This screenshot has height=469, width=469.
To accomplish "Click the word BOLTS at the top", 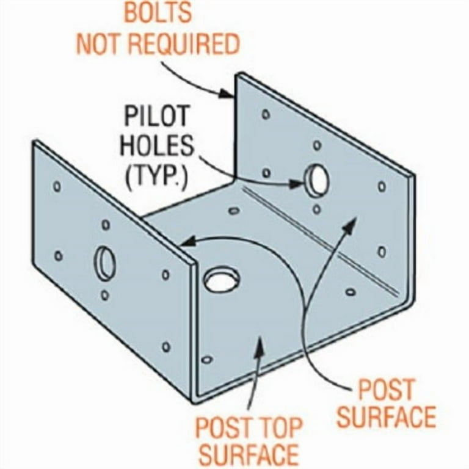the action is (x=158, y=13).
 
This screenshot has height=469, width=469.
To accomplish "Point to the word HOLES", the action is (x=157, y=146).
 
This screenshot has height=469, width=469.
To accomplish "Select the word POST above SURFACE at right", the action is (x=386, y=389).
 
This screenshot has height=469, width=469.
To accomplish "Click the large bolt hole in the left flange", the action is (x=104, y=263).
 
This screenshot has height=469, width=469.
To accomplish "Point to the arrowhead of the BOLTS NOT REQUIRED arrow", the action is (x=226, y=93).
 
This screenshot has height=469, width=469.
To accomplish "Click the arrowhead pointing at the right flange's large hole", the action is (x=296, y=183).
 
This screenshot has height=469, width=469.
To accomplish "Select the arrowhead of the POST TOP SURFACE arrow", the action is (x=260, y=344).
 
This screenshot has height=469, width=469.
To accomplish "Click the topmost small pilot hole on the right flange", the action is (x=266, y=114).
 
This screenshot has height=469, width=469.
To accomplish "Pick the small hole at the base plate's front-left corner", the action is (x=207, y=359).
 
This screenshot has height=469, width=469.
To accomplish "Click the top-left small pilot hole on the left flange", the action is (x=57, y=186).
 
